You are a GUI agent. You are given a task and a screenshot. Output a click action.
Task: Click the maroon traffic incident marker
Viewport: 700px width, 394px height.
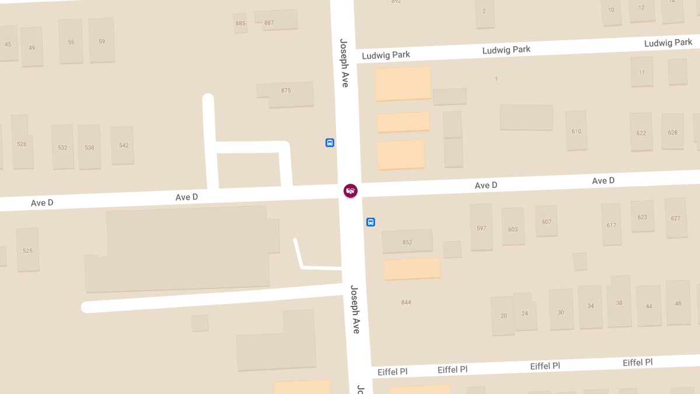pyautogui.click(x=351, y=191)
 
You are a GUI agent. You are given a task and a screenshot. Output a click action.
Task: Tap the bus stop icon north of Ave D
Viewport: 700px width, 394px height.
pyautogui.click(x=330, y=142)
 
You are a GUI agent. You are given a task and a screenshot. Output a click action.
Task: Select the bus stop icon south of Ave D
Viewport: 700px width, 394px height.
pyautogui.click(x=370, y=222)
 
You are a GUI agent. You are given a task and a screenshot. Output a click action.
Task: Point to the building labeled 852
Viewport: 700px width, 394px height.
pyautogui.click(x=407, y=241)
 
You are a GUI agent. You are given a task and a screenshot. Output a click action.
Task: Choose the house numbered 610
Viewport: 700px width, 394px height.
pyautogui.click(x=576, y=131)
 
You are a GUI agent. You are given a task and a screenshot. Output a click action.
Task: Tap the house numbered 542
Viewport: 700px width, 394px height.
pyautogui.click(x=123, y=145)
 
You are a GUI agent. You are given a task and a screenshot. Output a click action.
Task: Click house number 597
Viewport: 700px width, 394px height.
pyautogui.click(x=481, y=227)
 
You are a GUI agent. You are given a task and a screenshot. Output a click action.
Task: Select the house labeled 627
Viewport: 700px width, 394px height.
pyautogui.click(x=675, y=218)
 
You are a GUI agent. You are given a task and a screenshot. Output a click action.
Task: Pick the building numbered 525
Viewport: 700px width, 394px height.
pyautogui.click(x=27, y=250)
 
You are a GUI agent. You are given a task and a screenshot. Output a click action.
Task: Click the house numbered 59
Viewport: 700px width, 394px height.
pyautogui.click(x=101, y=41)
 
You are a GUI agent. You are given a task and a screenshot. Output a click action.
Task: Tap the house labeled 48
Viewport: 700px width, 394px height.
pyautogui.click(x=678, y=303)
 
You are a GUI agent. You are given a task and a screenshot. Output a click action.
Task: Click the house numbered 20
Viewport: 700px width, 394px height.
pyautogui.click(x=503, y=316)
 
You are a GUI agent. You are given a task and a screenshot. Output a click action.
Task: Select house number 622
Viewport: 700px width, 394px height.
pyautogui.click(x=641, y=132)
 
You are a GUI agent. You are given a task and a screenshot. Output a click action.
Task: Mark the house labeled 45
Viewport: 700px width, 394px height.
pyautogui.click(x=8, y=44)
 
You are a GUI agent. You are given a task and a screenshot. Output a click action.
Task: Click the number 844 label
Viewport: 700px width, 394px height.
pyautogui.click(x=406, y=302)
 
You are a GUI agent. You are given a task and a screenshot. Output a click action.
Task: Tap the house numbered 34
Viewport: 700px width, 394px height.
pyautogui.click(x=590, y=306)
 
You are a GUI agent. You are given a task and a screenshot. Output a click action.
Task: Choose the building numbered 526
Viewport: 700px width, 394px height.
pyautogui.click(x=22, y=143)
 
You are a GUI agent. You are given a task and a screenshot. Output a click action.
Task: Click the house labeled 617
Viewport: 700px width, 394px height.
pyautogui.click(x=611, y=225)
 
